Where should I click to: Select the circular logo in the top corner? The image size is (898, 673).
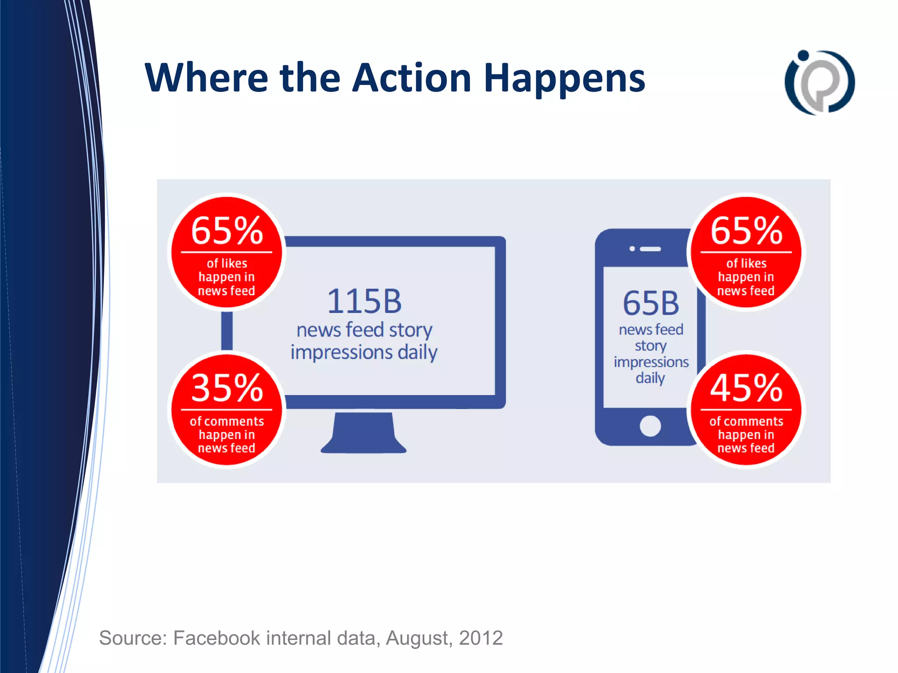coord(819,82)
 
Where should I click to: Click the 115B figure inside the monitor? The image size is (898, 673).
coord(364,301)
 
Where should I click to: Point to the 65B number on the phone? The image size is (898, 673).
coord(651,303)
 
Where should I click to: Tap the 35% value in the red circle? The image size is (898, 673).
coord(227,388)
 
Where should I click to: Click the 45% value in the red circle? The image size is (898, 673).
coord(746,388)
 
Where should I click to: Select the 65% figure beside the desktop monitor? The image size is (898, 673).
coord(227,231)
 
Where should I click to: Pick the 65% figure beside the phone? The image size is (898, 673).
coord(746,231)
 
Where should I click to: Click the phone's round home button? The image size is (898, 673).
coord(650,426)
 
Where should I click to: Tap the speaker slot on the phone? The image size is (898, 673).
coord(650,249)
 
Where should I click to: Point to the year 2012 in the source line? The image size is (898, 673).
coord(481,638)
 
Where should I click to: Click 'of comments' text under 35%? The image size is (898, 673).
coord(227,422)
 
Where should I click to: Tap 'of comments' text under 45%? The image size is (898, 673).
coord(746,422)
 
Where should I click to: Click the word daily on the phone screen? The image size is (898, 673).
coord(650,378)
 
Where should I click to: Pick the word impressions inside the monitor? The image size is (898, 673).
coord(341,352)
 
